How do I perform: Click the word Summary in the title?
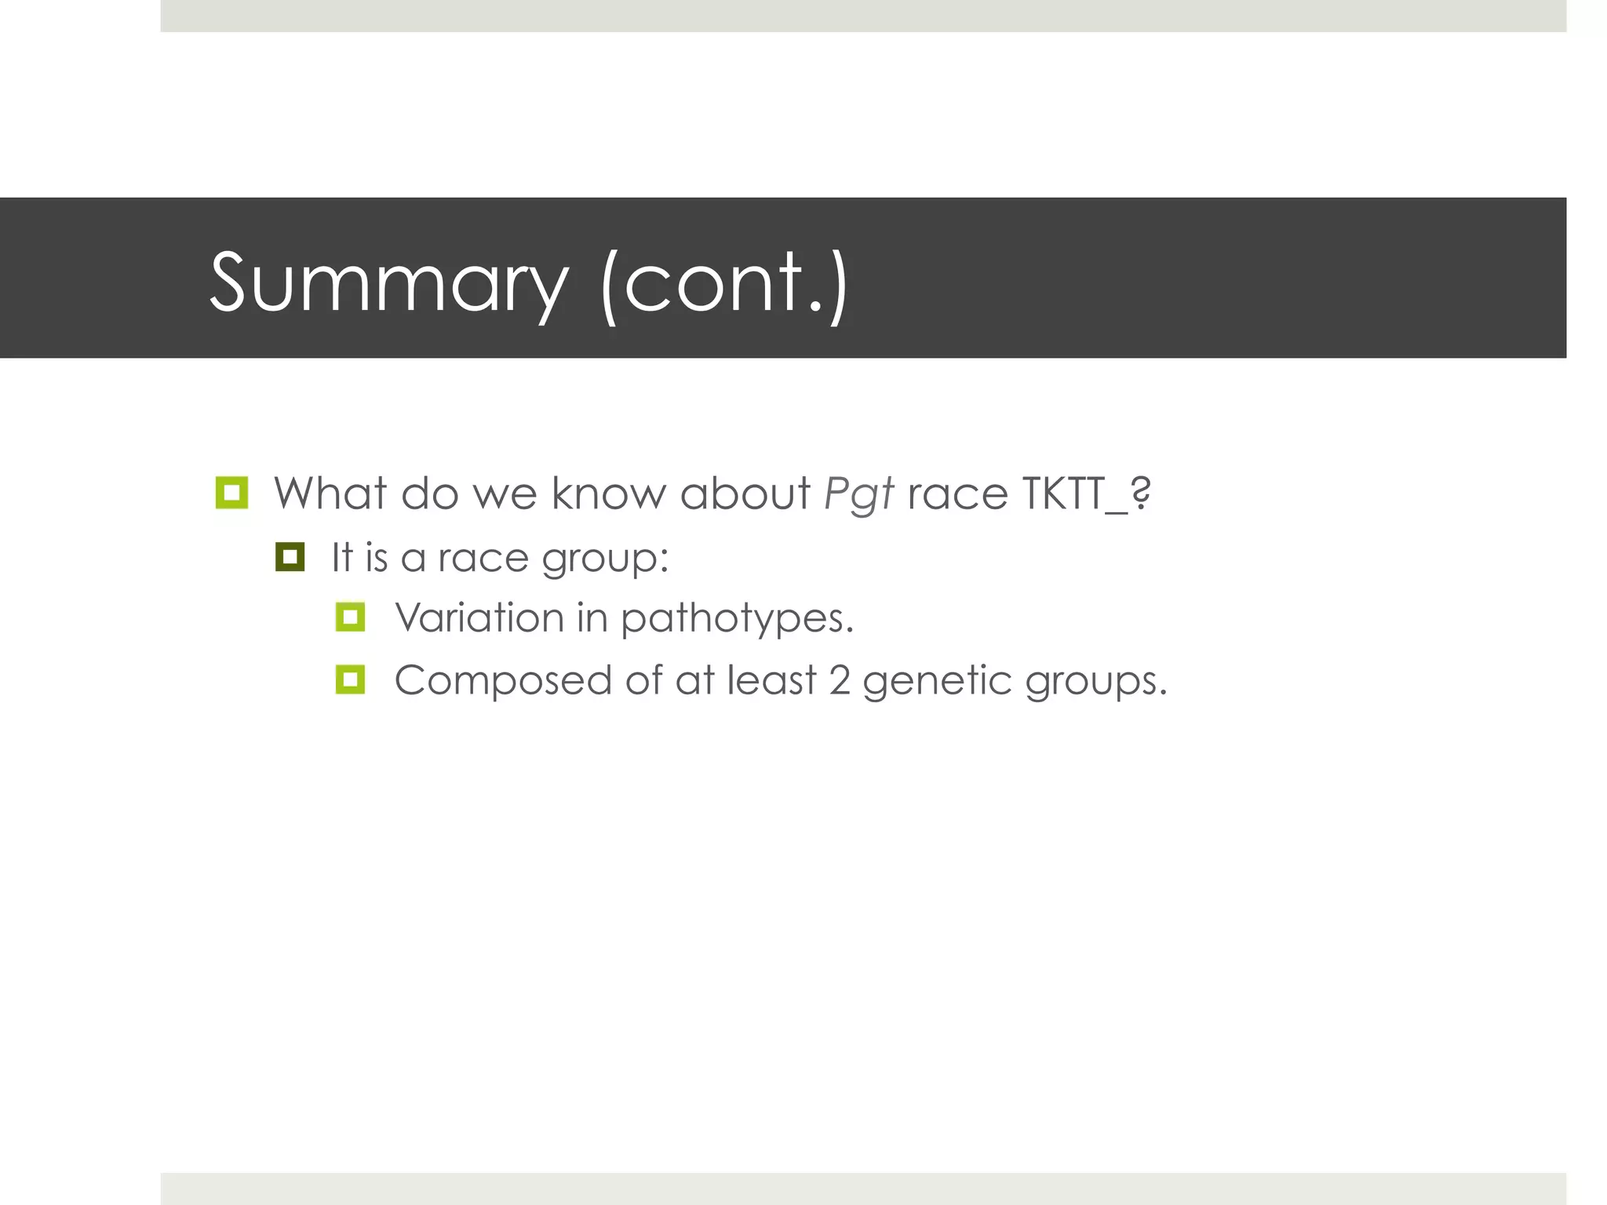[388, 282]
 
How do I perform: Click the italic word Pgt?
[858, 494]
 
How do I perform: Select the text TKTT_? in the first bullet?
[1087, 494]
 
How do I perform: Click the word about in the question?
[744, 494]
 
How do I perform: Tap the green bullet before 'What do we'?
[231, 493]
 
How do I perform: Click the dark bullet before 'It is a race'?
[290, 557]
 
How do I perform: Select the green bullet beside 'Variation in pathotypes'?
[350, 617]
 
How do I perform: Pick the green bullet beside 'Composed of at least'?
[350, 679]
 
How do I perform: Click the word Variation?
[479, 617]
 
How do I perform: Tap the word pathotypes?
[736, 620]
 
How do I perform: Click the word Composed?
[502, 681]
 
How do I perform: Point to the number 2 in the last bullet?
[840, 681]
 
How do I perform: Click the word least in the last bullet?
[771, 681]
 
